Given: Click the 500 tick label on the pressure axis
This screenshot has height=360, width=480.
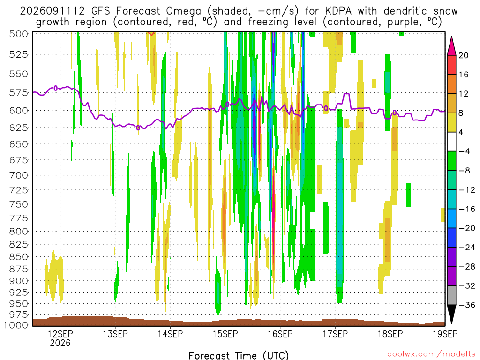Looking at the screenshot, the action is [x=19, y=34].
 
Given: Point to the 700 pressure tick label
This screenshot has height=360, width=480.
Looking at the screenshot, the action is [x=19, y=175].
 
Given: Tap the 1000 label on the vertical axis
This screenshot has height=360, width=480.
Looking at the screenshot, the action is [x=16, y=325].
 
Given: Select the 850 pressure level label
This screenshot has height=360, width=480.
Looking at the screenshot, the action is [x=19, y=257].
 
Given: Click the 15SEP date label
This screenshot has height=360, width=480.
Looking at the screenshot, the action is [x=225, y=334].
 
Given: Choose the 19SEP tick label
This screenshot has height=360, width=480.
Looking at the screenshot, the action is [x=445, y=334].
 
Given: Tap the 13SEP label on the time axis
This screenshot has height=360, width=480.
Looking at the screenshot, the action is [x=115, y=334].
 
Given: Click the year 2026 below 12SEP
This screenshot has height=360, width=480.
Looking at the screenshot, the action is [x=60, y=343].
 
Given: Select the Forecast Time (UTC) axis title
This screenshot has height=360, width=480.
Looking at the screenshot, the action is [x=239, y=355].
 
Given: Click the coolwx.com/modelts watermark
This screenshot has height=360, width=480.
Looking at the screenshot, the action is [x=431, y=354].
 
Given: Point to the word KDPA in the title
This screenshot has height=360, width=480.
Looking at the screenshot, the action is [x=338, y=11].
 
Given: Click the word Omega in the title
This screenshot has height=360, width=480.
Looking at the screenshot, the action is [x=184, y=11].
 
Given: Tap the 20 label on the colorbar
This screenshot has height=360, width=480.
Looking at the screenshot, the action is [x=464, y=55].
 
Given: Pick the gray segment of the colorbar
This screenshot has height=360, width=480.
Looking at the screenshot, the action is [x=451, y=295].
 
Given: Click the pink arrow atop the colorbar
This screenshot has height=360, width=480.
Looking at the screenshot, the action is [x=451, y=46].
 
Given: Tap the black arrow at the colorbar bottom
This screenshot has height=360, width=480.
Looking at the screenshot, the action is [x=451, y=314].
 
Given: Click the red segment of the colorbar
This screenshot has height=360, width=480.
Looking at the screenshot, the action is [x=451, y=65].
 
